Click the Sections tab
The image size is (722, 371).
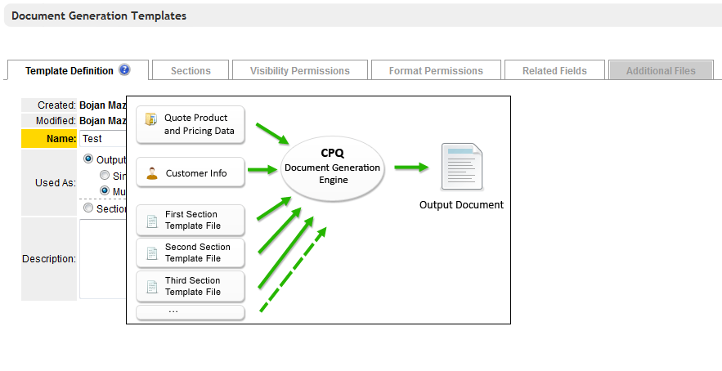coord(191,71)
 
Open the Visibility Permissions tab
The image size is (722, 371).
coord(299,71)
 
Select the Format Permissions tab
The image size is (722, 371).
coord(436,71)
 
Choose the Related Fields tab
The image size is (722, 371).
coord(554,71)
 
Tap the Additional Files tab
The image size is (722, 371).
coord(661,71)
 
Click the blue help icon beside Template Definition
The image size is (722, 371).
coord(124,70)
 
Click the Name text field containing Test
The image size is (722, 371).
coord(103,139)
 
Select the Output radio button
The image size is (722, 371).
coord(89,159)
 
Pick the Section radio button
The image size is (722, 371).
coord(89,208)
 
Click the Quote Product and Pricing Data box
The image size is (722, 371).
coord(191,124)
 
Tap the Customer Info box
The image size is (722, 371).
coord(191,173)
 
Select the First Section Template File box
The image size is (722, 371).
coord(191,220)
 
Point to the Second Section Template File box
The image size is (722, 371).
coord(191,253)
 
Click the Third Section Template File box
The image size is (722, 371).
coord(191,286)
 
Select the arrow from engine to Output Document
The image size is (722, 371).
coord(411,168)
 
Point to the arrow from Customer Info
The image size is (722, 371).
coord(262,170)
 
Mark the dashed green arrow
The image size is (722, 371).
coord(293,270)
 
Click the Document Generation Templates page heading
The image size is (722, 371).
coord(99,16)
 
